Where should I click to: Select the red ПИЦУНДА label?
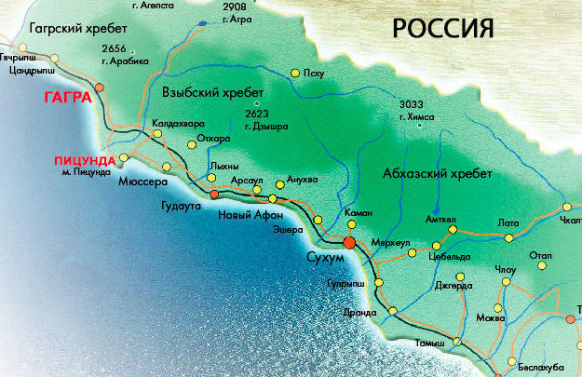coord(84,160)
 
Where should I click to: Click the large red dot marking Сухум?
coord(348,242)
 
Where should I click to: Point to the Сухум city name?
coord(325,255)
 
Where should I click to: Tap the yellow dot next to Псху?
coord(294,72)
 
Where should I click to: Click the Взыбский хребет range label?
coord(212,93)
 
